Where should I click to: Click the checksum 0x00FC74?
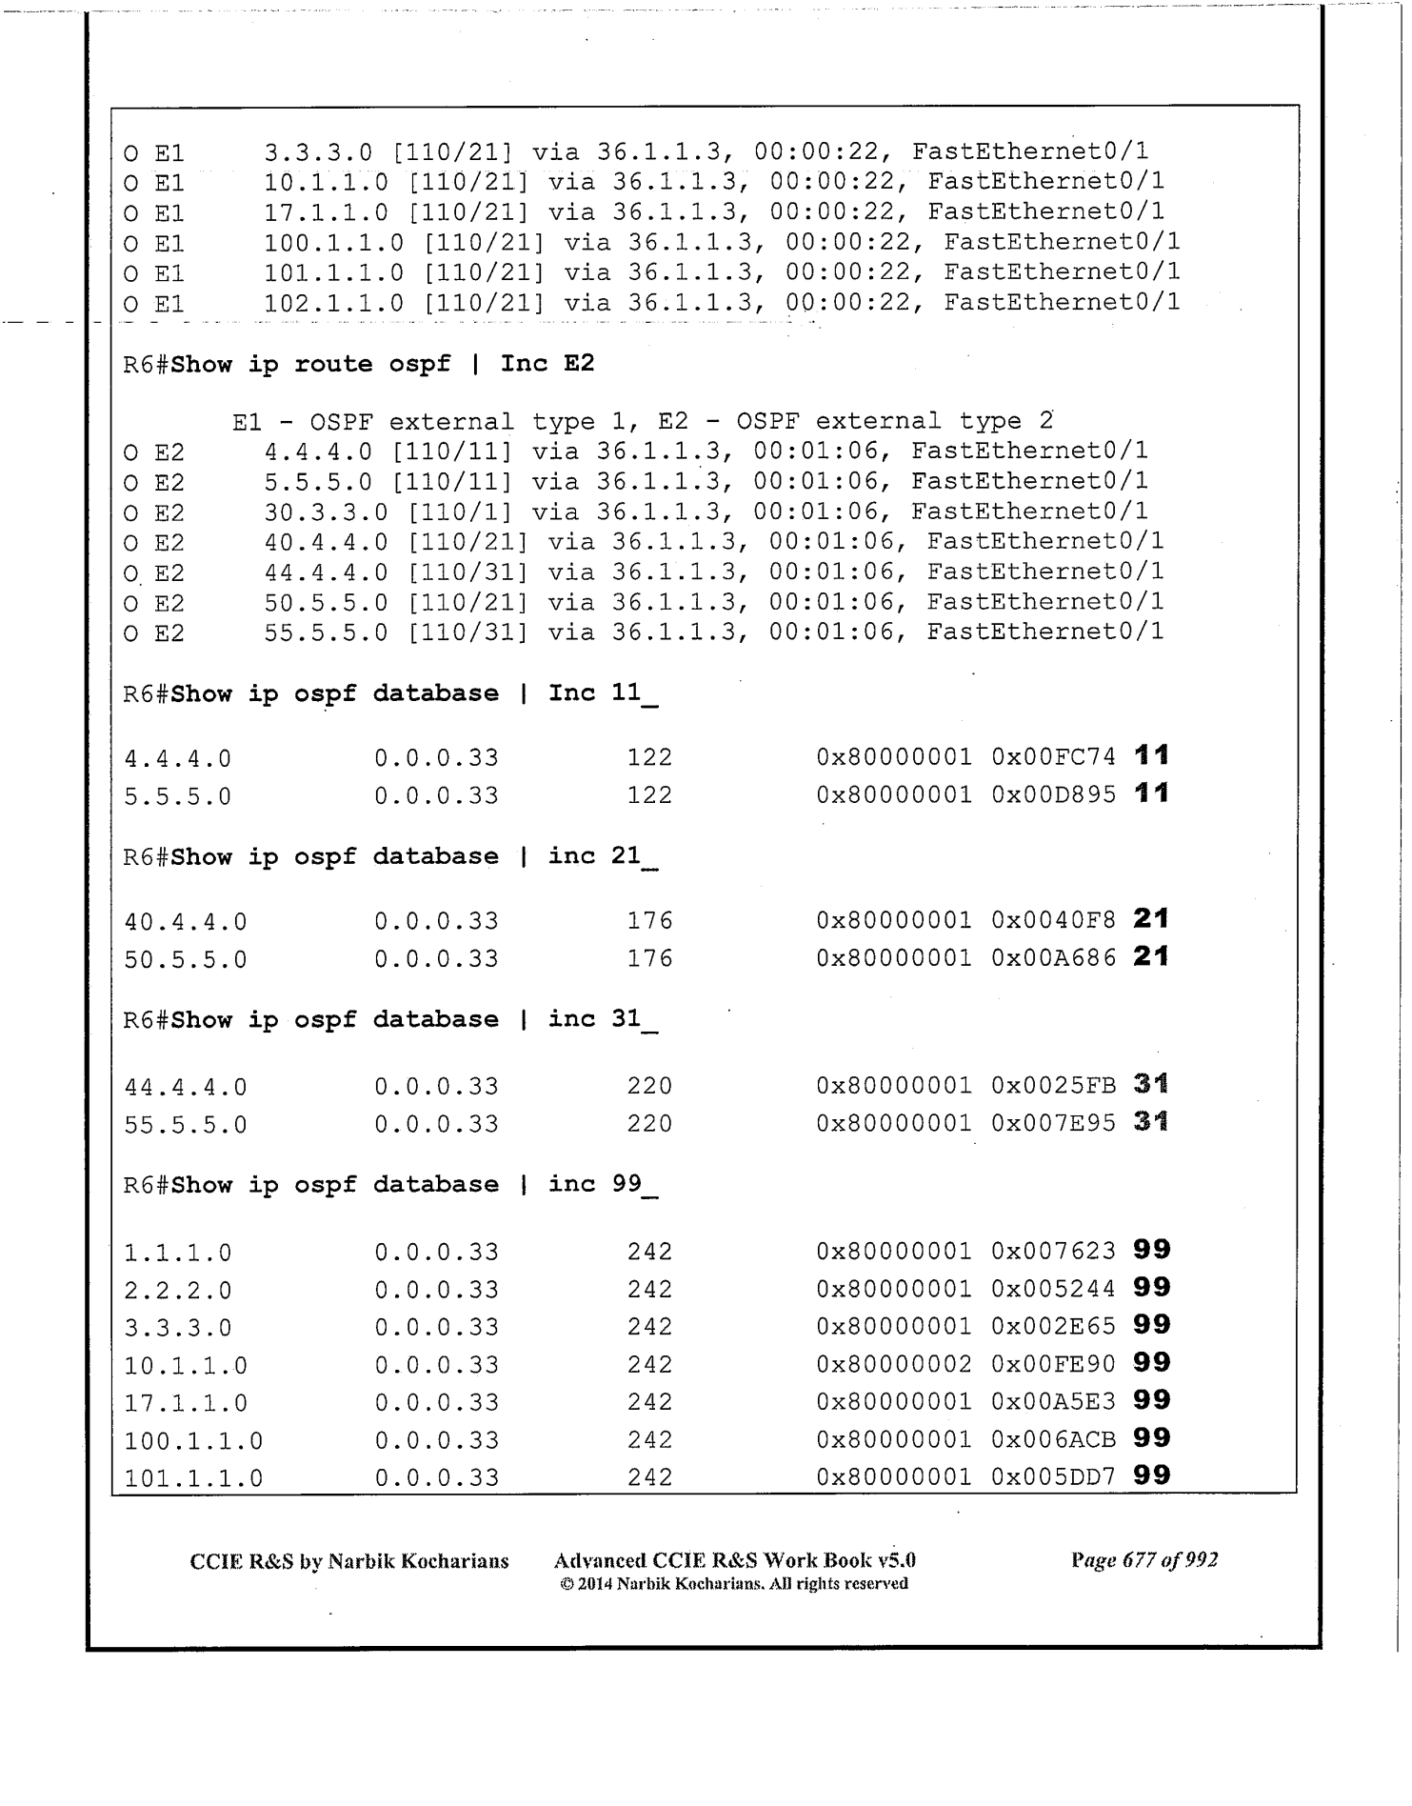tap(1053, 757)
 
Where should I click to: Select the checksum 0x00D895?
tap(1053, 795)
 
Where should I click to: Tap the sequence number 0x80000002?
tap(894, 1364)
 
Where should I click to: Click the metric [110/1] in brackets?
tap(461, 512)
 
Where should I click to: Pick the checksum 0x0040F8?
tap(1053, 921)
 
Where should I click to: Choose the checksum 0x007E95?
tap(1053, 1124)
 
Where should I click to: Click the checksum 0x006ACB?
tap(1053, 1439)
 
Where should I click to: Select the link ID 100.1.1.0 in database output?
tap(193, 1440)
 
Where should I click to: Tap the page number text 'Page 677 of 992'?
tap(1144, 1560)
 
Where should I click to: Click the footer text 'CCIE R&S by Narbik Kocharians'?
tap(349, 1561)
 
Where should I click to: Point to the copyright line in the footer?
tap(734, 1584)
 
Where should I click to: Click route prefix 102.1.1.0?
tap(333, 303)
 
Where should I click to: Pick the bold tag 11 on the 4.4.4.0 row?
tap(1152, 756)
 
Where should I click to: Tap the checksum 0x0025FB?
tap(1053, 1086)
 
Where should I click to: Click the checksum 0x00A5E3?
tap(1053, 1402)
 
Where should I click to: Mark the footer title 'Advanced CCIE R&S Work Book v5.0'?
tap(734, 1560)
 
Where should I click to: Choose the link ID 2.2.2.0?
tap(178, 1290)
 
